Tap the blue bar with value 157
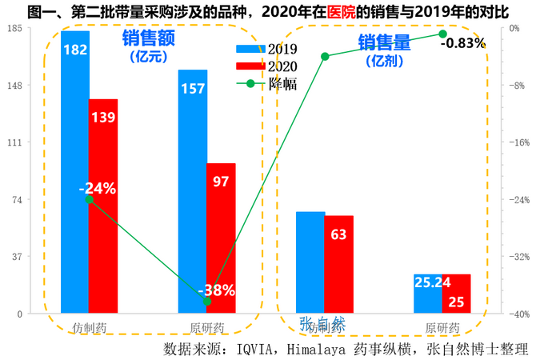pyautogui.click(x=193, y=191)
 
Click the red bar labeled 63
pyautogui.click(x=338, y=264)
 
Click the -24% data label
pyautogui.click(x=98, y=189)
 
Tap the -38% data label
pyautogui.click(x=216, y=290)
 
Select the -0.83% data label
pyautogui.click(x=463, y=43)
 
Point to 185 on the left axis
pyautogui.click(x=14, y=28)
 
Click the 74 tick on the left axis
pyautogui.click(x=16, y=199)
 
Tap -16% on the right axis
pyautogui.click(x=521, y=142)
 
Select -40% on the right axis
pyautogui.click(x=521, y=314)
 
